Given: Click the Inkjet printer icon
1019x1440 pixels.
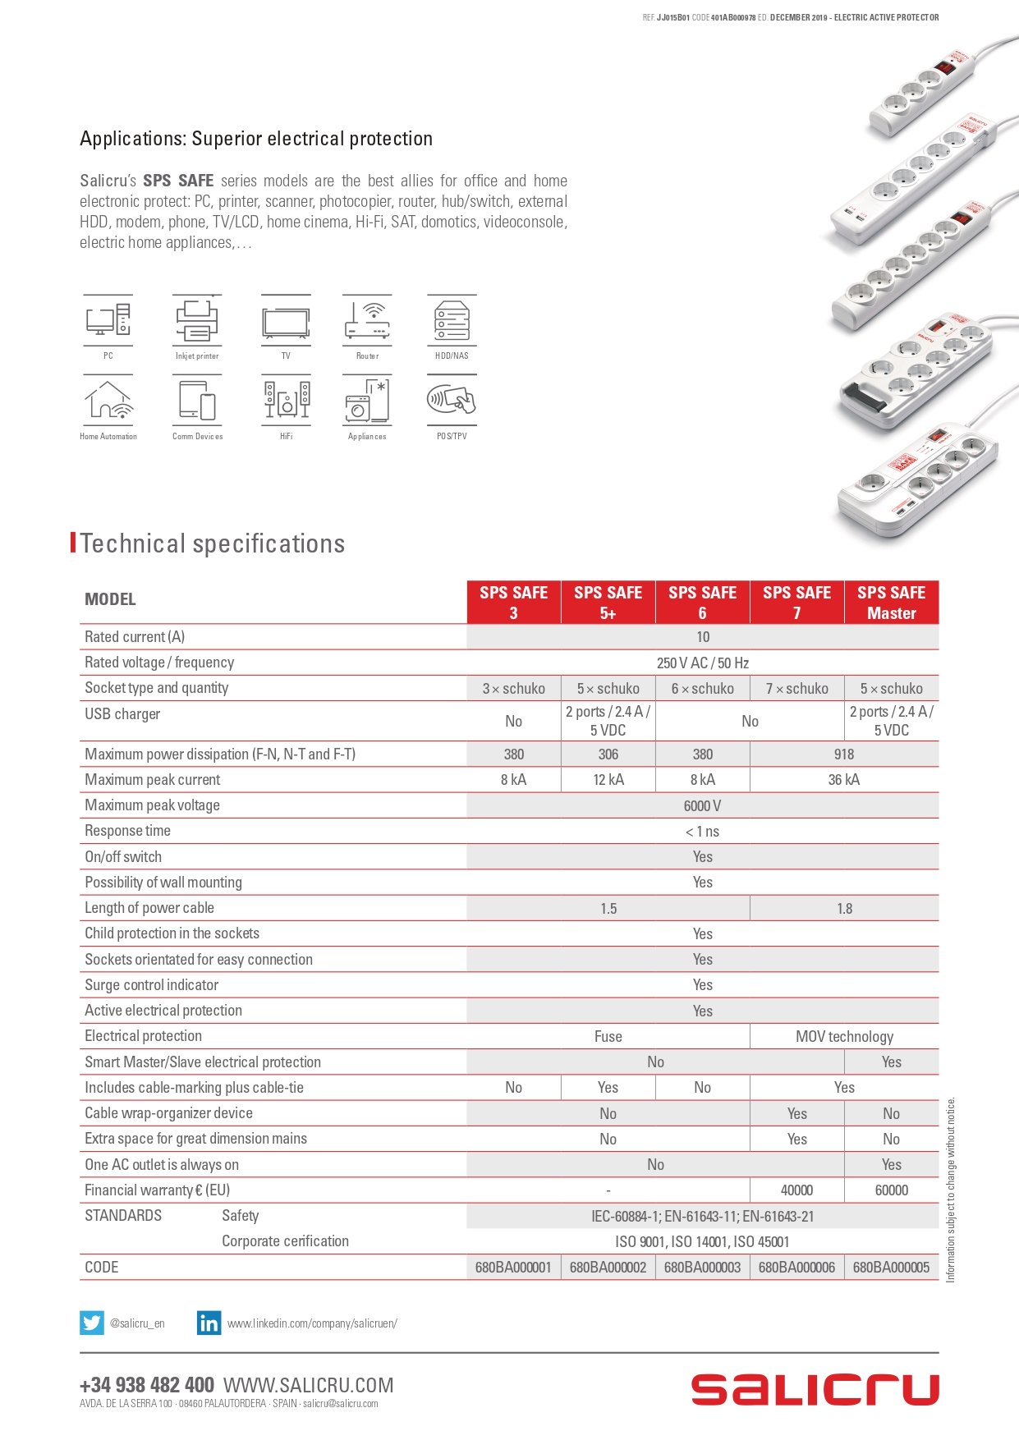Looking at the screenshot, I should (x=196, y=321).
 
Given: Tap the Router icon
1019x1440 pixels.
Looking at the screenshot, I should (x=367, y=321).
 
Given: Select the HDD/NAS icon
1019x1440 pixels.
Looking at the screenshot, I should (x=452, y=321).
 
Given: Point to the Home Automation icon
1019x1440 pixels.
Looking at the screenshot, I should (x=108, y=401).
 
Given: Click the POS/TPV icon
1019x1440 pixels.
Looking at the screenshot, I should (x=452, y=401).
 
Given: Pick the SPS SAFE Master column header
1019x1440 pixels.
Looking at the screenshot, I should (x=891, y=603).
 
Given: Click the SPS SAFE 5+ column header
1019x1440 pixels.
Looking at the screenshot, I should (x=608, y=603).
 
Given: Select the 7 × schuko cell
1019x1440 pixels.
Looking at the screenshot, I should (x=796, y=689).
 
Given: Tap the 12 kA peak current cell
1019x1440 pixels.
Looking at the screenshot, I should (x=608, y=780).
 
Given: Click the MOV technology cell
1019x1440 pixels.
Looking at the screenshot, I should (x=844, y=1037).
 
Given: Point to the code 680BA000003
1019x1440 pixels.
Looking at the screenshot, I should (x=702, y=1268).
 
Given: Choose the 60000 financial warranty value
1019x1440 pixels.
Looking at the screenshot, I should (x=891, y=1190).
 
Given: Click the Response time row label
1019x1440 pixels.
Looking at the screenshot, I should (x=128, y=831).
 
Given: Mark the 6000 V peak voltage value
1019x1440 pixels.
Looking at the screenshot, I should (x=702, y=806).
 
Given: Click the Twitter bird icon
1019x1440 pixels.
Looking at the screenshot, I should (x=91, y=1323).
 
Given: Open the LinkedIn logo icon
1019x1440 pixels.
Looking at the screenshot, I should (x=209, y=1323).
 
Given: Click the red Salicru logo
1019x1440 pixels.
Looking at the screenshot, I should (x=815, y=1390).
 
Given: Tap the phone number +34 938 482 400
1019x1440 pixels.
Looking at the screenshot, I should (x=147, y=1385).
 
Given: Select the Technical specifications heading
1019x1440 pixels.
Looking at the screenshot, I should (x=213, y=543).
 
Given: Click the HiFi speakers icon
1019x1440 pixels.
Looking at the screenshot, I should (x=286, y=401).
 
